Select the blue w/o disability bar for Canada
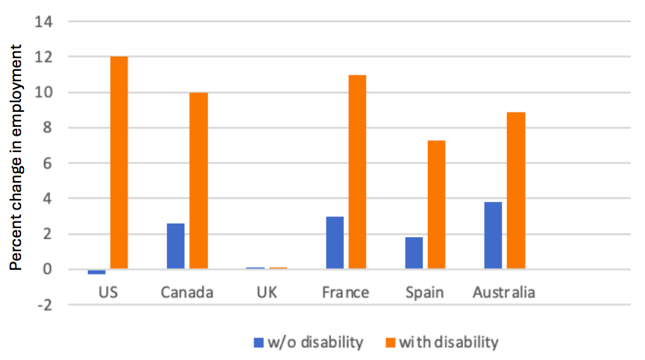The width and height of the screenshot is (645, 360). click(176, 246)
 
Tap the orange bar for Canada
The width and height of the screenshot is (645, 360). click(198, 180)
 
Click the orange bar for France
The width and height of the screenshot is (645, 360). click(357, 171)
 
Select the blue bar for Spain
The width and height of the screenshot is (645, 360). click(414, 253)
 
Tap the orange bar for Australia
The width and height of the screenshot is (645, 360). click(515, 190)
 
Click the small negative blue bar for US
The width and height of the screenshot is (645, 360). click(97, 272)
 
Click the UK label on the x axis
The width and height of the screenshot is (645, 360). click(266, 292)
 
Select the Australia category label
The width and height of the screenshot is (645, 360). click(504, 292)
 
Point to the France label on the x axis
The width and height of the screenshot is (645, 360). click(346, 292)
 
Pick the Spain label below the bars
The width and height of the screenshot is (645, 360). click(425, 292)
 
